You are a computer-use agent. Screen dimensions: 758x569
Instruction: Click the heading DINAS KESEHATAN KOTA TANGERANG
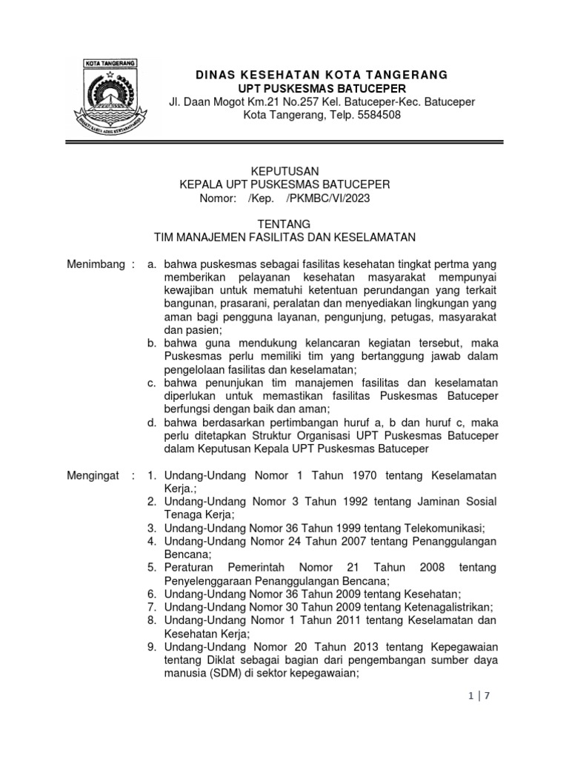click(322, 75)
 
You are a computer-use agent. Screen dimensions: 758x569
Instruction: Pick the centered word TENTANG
click(284, 224)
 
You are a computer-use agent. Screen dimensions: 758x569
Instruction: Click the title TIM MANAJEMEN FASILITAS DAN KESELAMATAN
click(285, 238)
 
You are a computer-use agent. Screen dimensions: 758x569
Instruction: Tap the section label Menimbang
click(91, 264)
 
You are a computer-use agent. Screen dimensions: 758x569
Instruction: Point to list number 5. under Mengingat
click(151, 567)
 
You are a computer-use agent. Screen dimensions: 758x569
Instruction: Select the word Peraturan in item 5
click(190, 567)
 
